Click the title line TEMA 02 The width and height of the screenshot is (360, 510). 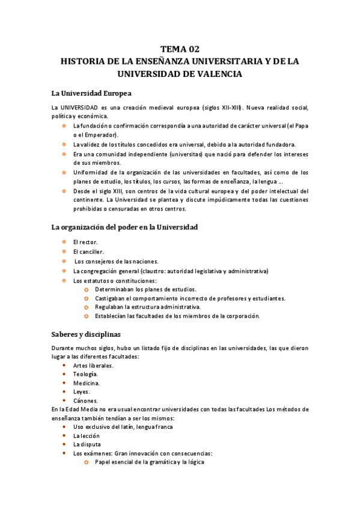(x=180, y=49)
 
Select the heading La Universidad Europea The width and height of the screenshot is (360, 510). (x=91, y=93)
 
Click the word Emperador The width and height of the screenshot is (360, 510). (x=99, y=135)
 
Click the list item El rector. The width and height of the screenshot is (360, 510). (x=85, y=242)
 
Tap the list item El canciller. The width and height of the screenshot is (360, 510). (x=88, y=251)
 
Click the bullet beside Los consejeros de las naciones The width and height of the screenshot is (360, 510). (x=64, y=261)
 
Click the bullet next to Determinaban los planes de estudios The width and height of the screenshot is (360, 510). (x=87, y=289)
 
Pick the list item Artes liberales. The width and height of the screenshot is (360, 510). (x=93, y=365)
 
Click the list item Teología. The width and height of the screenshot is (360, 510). (x=85, y=374)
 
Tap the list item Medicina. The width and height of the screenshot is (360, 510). (x=87, y=382)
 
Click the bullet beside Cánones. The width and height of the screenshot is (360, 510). (x=64, y=401)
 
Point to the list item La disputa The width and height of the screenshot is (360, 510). (x=87, y=444)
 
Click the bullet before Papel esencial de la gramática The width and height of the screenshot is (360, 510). (x=87, y=462)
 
